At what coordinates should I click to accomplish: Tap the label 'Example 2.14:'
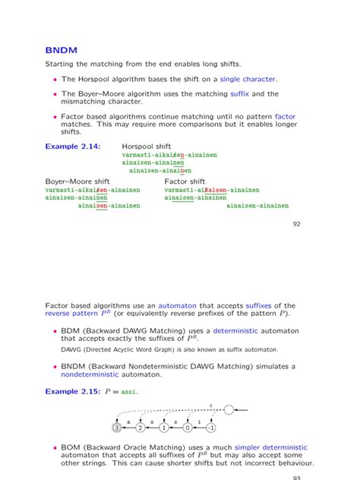pos(72,145)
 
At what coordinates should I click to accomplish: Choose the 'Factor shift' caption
pos(185,182)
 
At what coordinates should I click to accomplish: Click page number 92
pos(297,224)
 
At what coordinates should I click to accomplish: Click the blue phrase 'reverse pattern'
pos(71,314)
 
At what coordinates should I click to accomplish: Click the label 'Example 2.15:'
pos(72,392)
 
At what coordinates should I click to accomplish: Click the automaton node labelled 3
pos(116,428)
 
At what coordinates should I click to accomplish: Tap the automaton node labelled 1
pos(164,428)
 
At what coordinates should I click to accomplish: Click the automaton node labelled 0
pos(188,428)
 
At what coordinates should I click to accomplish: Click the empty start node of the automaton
pos(229,410)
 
